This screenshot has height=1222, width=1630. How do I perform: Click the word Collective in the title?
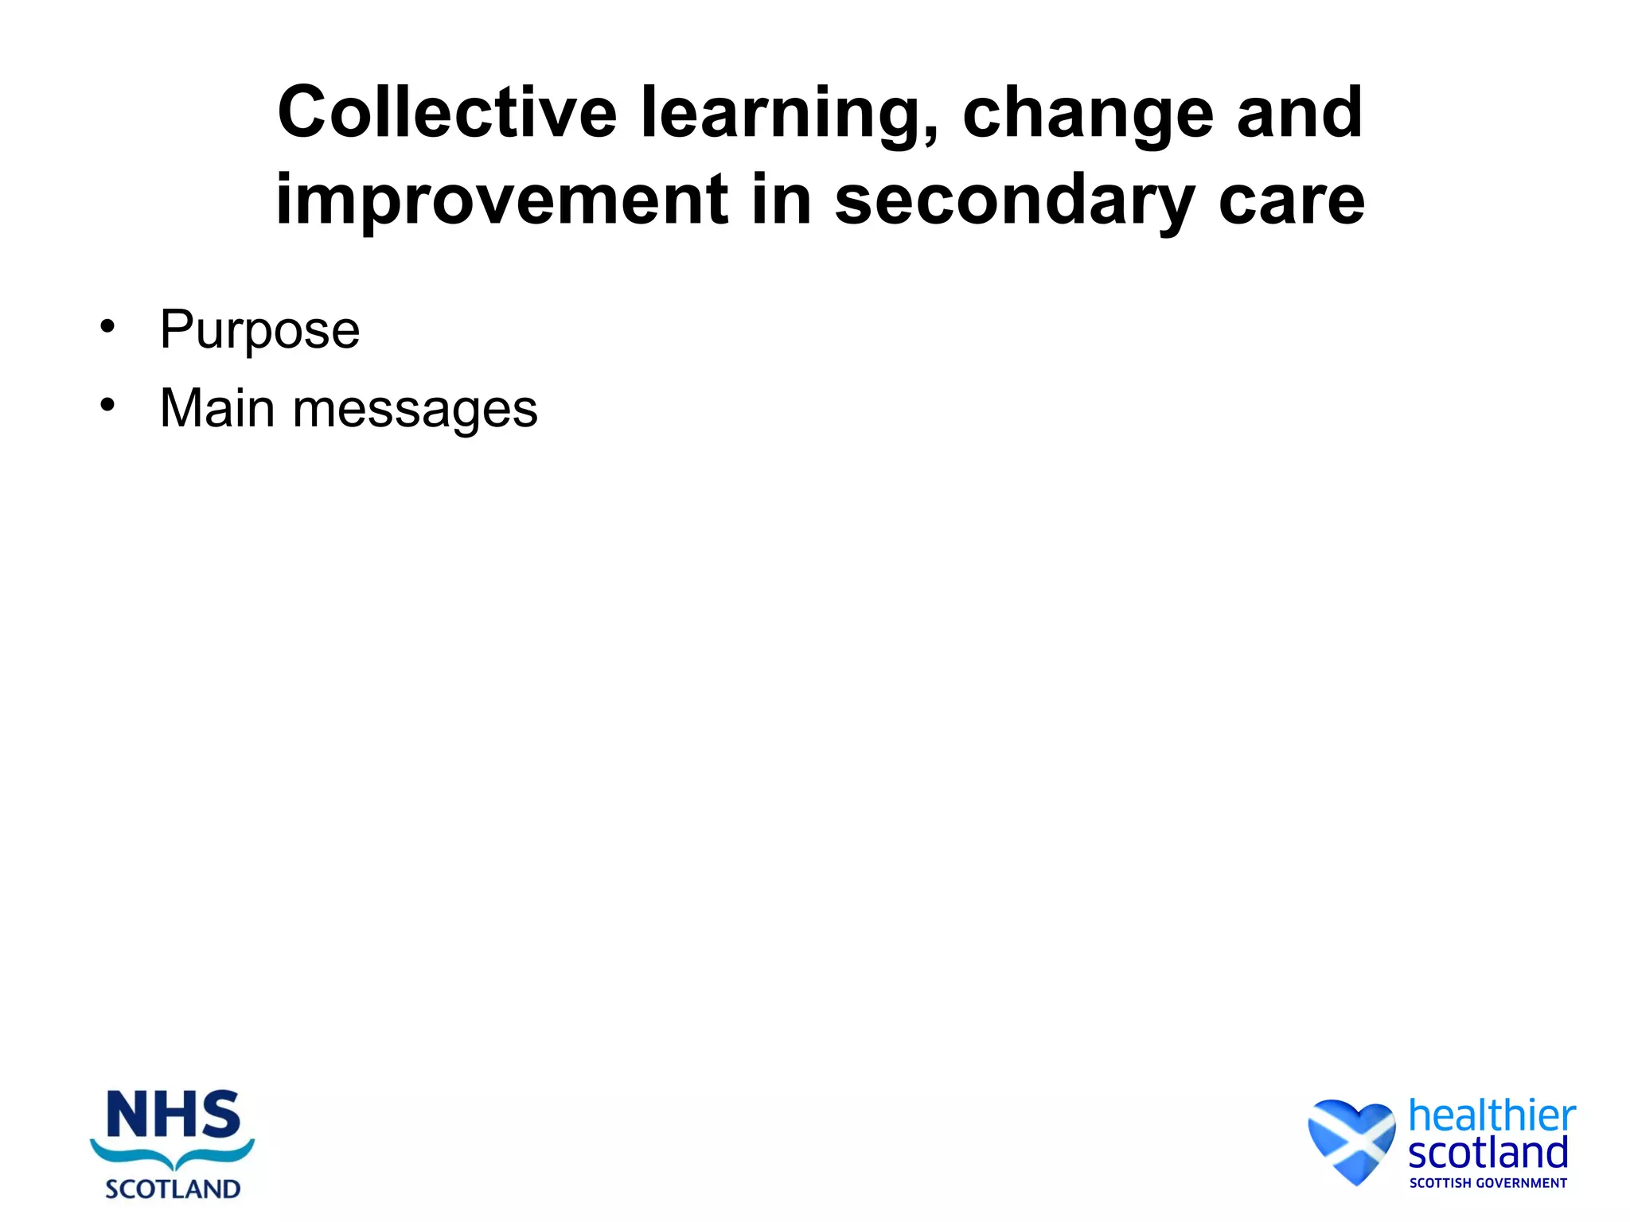pyautogui.click(x=446, y=113)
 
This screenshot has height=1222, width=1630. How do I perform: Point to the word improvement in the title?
pyautogui.click(x=501, y=200)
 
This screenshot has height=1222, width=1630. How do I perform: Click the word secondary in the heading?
pyautogui.click(x=1014, y=200)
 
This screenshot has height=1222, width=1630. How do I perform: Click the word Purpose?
pyautogui.click(x=259, y=330)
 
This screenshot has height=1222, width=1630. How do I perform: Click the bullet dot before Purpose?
pyautogui.click(x=107, y=326)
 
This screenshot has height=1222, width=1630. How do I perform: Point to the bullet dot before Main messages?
pyautogui.click(x=107, y=405)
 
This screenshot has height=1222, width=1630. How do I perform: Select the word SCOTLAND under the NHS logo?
pyautogui.click(x=173, y=1189)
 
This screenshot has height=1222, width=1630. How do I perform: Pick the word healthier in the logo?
pyautogui.click(x=1492, y=1115)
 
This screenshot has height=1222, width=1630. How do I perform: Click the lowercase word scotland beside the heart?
pyautogui.click(x=1488, y=1153)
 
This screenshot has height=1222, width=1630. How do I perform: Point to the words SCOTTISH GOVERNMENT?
pyautogui.click(x=1488, y=1183)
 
